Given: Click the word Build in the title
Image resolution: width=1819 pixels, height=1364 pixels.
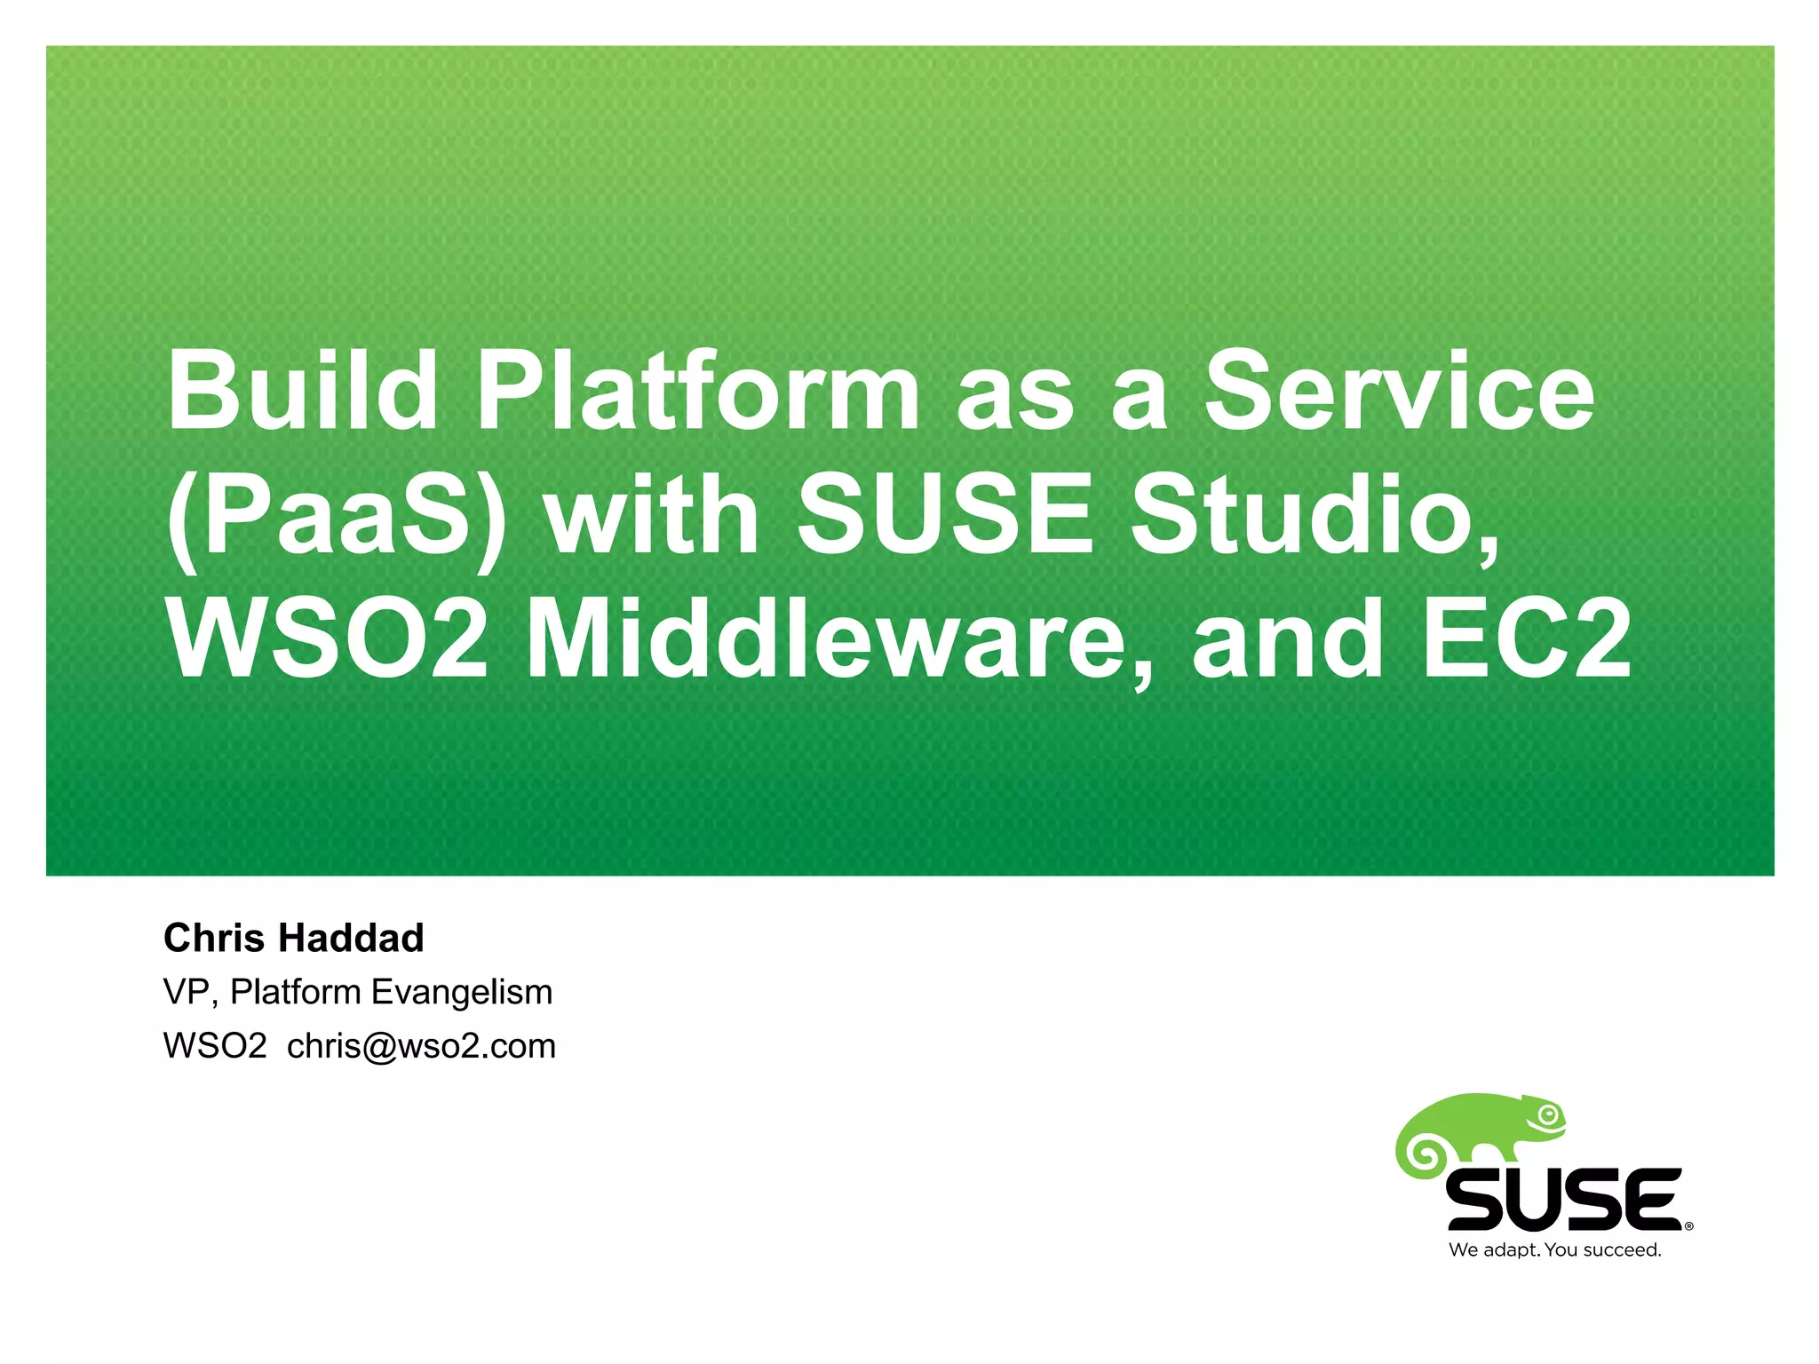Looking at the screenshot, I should [302, 391].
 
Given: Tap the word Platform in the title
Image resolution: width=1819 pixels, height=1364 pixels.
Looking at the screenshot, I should [698, 391].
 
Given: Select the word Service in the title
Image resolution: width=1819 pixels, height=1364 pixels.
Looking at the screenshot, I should [1399, 391].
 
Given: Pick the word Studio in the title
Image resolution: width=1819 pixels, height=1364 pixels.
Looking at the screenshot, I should [1314, 515].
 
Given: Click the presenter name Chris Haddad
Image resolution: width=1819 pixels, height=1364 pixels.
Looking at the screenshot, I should [294, 939].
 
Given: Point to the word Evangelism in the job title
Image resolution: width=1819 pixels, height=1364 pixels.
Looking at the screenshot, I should [462, 993].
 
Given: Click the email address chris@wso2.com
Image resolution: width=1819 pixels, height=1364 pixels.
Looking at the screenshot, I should [421, 1047].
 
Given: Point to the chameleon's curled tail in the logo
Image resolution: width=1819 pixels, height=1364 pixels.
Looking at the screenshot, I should [1426, 1155].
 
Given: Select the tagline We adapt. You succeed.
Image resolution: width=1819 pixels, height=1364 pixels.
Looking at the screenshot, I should [1554, 1250].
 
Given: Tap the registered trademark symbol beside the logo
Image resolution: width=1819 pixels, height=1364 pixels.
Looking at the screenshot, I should [1688, 1227].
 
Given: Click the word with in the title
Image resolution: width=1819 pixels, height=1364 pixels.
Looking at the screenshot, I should [652, 515].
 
